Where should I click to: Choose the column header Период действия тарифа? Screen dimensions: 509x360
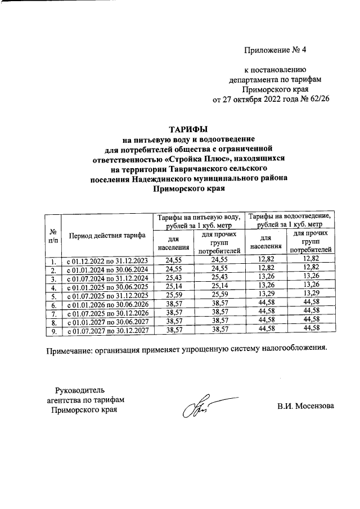point(107,235)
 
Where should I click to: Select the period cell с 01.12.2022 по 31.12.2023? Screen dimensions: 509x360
point(107,261)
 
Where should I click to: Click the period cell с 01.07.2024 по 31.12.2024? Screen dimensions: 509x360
point(107,278)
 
